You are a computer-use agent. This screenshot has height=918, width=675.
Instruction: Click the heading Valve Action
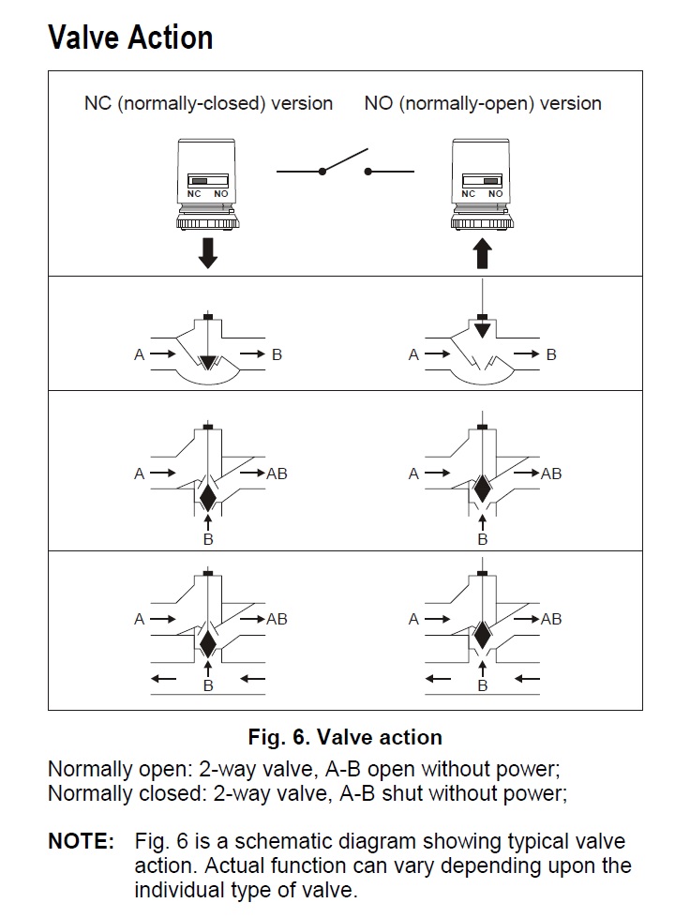tap(130, 38)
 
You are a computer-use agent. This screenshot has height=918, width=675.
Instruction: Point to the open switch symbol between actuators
tap(345, 167)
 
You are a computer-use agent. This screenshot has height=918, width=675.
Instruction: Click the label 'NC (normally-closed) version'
tap(208, 103)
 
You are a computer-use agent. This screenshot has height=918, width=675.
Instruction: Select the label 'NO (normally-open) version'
tap(483, 103)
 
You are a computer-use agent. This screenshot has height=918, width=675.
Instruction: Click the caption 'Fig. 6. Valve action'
tap(345, 736)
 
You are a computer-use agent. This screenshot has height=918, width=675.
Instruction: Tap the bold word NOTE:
tap(81, 841)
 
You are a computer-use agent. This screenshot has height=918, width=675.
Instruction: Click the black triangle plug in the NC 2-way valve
tap(208, 361)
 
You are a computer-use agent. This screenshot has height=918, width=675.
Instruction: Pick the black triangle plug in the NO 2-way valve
tap(482, 328)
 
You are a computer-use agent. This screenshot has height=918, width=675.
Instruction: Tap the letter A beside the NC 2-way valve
tap(139, 354)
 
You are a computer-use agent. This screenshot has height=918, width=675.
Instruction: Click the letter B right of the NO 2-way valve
tap(551, 354)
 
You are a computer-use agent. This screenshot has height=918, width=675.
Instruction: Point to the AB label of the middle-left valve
tap(277, 474)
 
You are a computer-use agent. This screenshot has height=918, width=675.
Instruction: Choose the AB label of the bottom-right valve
tap(551, 619)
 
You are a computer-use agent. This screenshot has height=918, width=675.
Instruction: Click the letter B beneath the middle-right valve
tap(482, 539)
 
